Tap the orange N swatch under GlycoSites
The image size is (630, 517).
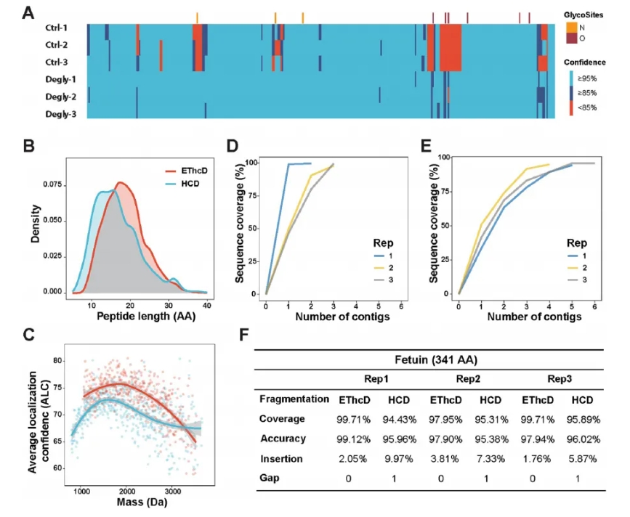click(572, 28)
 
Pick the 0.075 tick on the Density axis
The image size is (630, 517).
click(50, 185)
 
